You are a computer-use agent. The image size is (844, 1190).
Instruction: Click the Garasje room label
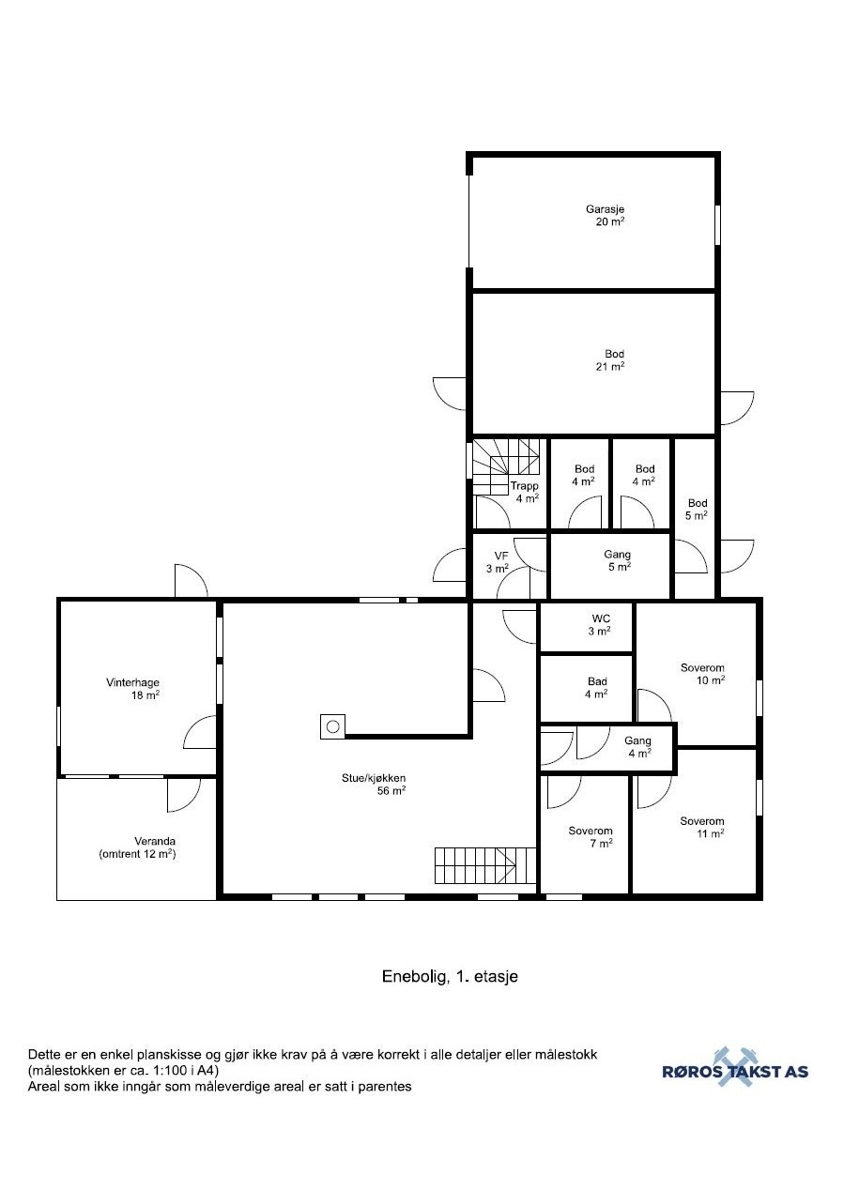coord(605,209)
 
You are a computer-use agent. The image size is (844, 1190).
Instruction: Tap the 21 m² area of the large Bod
coord(610,366)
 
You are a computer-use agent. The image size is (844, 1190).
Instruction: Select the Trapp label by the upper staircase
coord(525,485)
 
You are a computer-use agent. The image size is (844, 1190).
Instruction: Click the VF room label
coord(501,556)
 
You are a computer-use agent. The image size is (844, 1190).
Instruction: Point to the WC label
coord(601,618)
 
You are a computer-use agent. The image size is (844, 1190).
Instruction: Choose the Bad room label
coord(597,681)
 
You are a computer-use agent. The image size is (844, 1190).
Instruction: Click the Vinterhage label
coord(132,682)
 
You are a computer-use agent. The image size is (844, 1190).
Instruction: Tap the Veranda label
coord(155,841)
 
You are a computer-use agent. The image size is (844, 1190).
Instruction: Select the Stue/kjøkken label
coord(374,778)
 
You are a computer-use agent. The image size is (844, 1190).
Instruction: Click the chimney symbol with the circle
coord(332,726)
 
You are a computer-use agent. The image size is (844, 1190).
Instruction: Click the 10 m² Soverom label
coord(702,668)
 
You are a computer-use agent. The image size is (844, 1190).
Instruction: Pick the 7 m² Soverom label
coord(591,831)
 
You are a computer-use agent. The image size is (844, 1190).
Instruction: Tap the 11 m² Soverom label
coord(702,821)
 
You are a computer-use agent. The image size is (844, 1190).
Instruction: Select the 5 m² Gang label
coord(617,555)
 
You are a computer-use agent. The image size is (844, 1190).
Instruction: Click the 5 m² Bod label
coord(698,503)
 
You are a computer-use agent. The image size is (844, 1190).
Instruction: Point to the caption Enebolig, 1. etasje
coord(450,976)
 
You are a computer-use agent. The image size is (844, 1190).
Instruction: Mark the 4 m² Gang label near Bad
coord(637,740)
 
